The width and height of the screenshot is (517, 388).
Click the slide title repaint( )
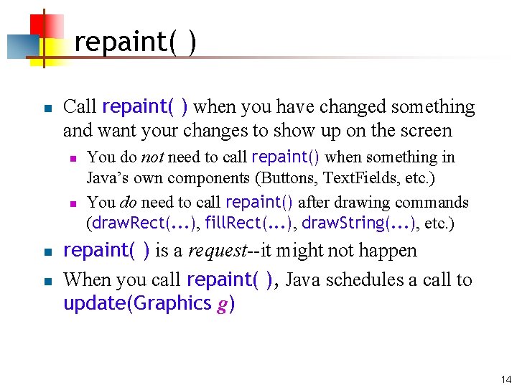click(x=135, y=42)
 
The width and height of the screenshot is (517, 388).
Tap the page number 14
click(x=506, y=379)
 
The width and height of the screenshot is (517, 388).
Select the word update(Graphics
click(x=137, y=304)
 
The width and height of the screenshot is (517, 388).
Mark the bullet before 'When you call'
click(x=45, y=281)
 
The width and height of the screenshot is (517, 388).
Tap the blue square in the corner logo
click(x=20, y=46)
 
